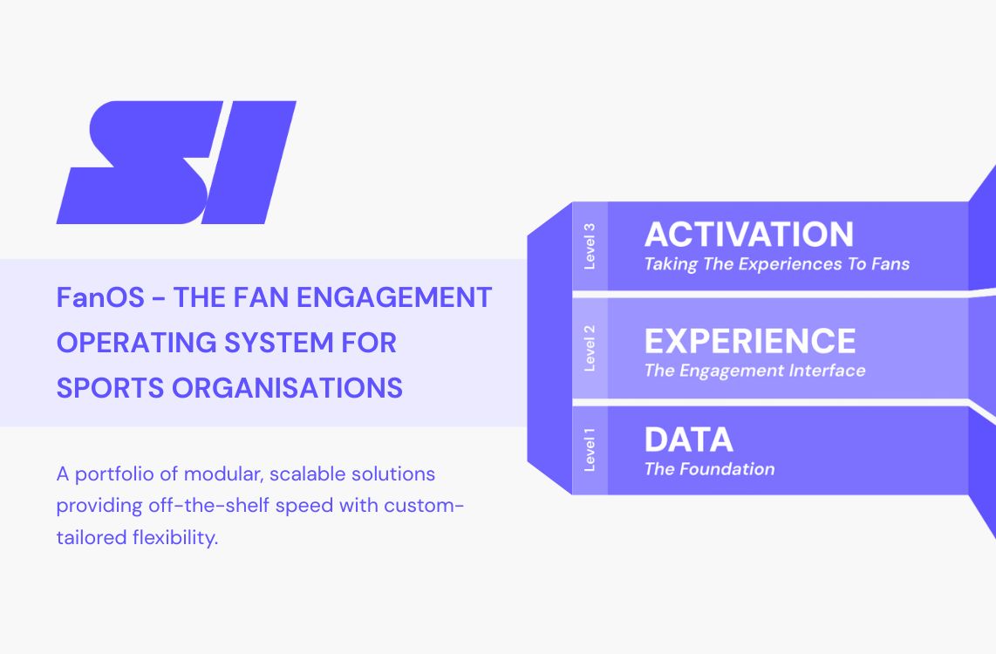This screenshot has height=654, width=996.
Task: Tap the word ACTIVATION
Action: (x=748, y=235)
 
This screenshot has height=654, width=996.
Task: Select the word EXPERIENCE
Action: (x=749, y=341)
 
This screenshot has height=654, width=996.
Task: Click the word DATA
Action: (x=688, y=439)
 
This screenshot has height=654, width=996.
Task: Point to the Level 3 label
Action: (x=590, y=247)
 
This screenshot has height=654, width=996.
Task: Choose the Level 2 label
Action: (x=590, y=348)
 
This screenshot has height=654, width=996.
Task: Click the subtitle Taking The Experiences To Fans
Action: (x=776, y=263)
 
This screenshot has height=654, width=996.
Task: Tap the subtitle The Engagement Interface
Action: (x=754, y=371)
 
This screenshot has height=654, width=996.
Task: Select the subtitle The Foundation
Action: (x=709, y=469)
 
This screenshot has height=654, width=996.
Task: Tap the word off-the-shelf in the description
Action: (x=202, y=507)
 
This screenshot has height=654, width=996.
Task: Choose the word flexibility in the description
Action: (x=172, y=538)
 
